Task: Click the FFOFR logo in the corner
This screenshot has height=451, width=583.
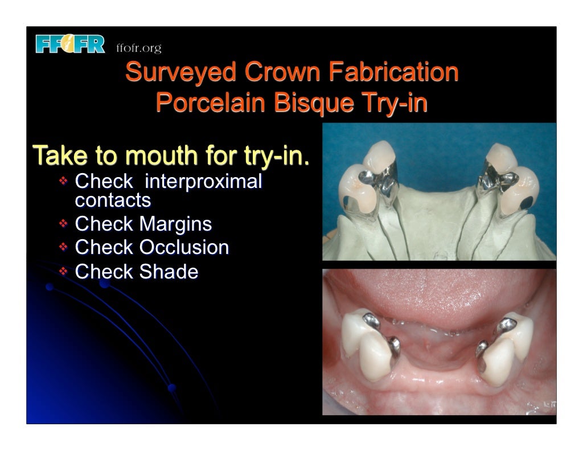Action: pyautogui.click(x=70, y=44)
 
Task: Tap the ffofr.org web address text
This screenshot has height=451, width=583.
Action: pyautogui.click(x=138, y=48)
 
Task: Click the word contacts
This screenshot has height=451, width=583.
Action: pyautogui.click(x=113, y=200)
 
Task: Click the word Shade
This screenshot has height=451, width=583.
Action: pyautogui.click(x=169, y=272)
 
